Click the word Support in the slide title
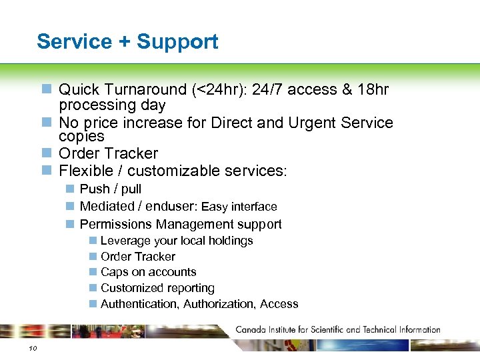tap(177, 42)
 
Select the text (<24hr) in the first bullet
tap(215, 89)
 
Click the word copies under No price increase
tap(81, 136)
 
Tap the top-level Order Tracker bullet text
tap(108, 153)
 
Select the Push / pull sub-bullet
tap(110, 189)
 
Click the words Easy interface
tap(239, 207)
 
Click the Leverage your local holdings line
tap(177, 241)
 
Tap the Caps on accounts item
tap(148, 272)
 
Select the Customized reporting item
tap(157, 288)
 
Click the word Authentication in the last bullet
tap(139, 304)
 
